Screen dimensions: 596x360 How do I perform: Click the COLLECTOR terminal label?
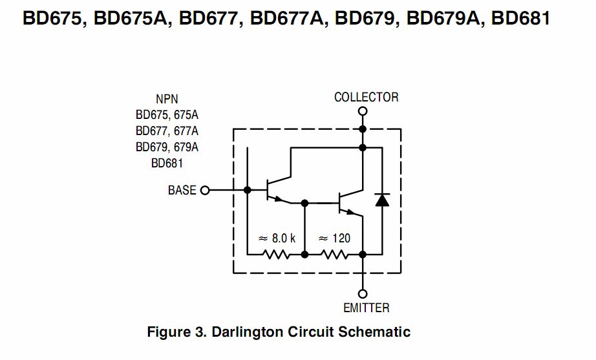366,98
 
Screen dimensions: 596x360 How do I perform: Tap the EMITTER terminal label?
366,308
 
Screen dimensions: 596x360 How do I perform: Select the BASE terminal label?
182,190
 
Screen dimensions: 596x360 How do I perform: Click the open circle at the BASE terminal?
205,190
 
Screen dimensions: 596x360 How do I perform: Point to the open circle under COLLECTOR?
363,111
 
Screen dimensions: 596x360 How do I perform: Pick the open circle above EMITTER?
363,294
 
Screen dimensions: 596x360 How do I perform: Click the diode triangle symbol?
382,200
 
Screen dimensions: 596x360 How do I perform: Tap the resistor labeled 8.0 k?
276,254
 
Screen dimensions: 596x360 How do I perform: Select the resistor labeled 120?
334,254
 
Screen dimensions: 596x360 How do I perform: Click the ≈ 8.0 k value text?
277,238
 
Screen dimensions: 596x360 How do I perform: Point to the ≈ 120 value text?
334,238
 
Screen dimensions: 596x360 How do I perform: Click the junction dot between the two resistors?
304,254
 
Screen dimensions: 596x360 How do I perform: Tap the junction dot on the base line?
248,190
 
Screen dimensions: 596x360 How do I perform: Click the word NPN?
167,100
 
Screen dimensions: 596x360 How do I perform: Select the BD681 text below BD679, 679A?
167,164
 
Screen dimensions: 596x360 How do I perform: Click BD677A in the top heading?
288,18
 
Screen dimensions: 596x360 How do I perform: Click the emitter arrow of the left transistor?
279,199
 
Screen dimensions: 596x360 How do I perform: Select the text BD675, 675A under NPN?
167,115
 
